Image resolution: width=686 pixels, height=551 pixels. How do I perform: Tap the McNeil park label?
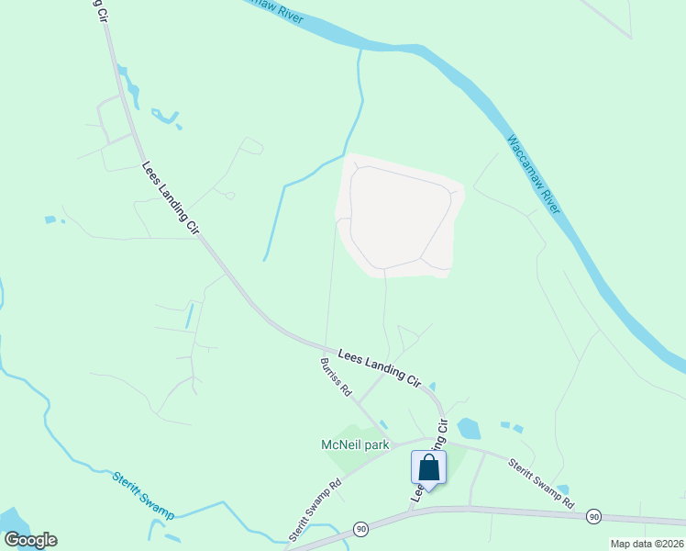click(x=355, y=445)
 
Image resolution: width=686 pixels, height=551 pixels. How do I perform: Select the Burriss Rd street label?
click(x=336, y=377)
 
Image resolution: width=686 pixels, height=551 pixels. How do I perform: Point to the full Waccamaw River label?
click(x=537, y=175)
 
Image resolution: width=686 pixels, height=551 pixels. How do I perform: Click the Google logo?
click(x=30, y=540)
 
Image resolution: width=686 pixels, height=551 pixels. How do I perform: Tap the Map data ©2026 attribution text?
click(x=647, y=544)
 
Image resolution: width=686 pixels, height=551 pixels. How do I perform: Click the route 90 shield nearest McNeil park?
click(x=361, y=530)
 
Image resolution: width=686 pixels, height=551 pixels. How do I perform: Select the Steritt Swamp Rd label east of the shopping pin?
click(x=542, y=484)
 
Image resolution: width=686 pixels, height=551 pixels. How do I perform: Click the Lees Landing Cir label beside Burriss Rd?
click(x=378, y=366)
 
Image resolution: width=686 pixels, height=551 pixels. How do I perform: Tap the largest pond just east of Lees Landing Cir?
click(x=469, y=429)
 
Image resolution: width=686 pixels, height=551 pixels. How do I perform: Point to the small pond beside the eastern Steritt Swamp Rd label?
click(x=562, y=489)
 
